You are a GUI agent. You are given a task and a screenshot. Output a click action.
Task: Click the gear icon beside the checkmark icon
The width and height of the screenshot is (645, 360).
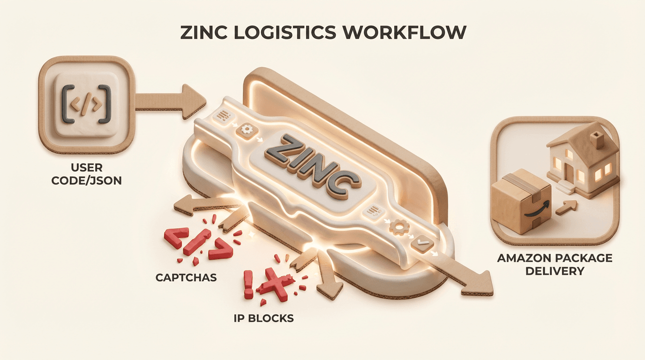[398, 228]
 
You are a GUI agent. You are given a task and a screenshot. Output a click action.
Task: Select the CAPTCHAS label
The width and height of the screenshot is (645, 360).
[186, 277]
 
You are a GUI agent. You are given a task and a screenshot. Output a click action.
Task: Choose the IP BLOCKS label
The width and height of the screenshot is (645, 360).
[264, 319]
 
